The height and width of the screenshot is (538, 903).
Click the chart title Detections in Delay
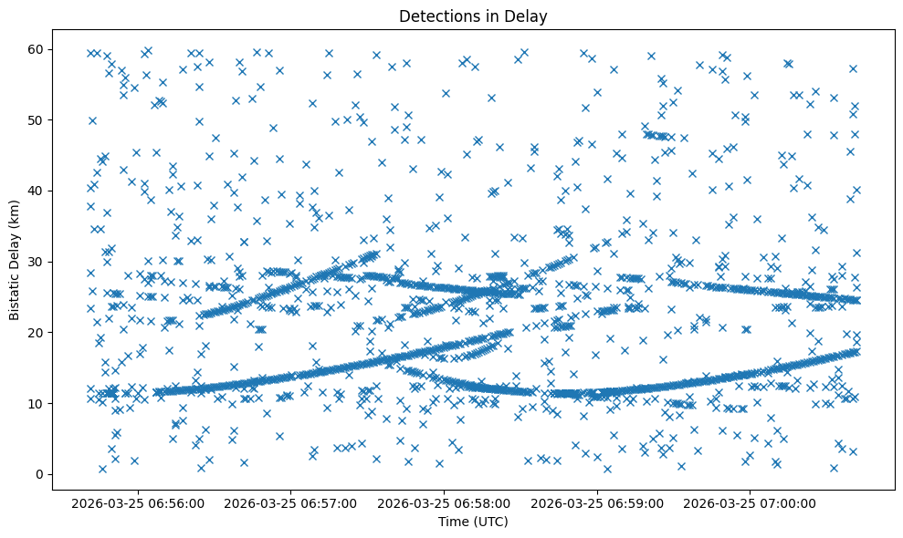point(473,16)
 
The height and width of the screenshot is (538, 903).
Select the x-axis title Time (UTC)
point(473,522)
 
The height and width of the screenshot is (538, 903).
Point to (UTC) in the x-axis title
point(489,522)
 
